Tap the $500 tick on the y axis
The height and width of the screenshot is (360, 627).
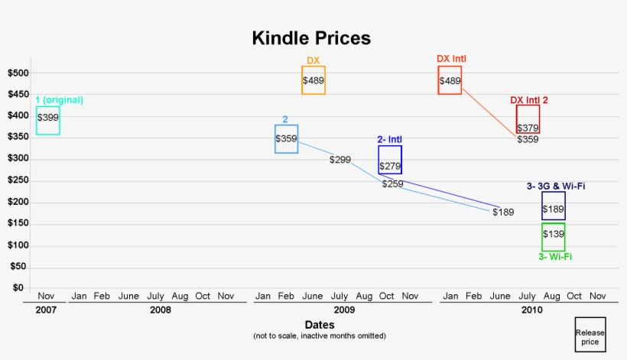18,73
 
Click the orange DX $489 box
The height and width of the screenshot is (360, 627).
313,80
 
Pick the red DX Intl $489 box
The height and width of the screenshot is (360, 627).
450,80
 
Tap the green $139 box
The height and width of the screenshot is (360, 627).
554,237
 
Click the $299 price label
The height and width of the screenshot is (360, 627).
340,160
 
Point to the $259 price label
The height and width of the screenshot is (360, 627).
392,184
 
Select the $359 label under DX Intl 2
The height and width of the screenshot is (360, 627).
528,140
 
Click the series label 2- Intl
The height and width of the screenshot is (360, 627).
390,139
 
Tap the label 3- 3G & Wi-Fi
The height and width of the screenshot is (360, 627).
556,186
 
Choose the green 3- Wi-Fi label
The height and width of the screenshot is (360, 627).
555,257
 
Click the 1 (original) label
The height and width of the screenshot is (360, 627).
59,100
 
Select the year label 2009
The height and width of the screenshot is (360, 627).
344,310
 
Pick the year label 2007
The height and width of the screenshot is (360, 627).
45,310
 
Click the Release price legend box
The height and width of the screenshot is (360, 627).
590,335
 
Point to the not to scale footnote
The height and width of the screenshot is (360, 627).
319,336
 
